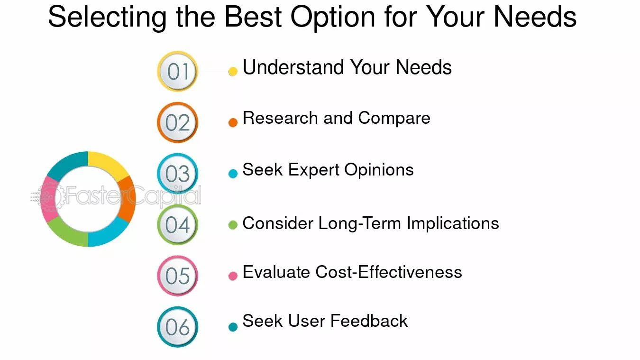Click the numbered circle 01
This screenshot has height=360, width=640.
pyautogui.click(x=177, y=71)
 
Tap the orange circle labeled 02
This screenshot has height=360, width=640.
pyautogui.click(x=177, y=122)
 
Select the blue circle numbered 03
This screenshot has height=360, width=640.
pyautogui.click(x=177, y=174)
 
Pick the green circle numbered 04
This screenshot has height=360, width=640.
pyautogui.click(x=177, y=225)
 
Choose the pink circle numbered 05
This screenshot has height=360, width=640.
pyautogui.click(x=177, y=276)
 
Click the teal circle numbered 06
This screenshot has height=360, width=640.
pyautogui.click(x=177, y=327)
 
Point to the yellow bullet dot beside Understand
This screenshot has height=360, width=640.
pyautogui.click(x=233, y=72)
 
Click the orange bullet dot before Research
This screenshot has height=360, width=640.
pyautogui.click(x=233, y=122)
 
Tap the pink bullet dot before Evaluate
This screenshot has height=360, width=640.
pyautogui.click(x=233, y=276)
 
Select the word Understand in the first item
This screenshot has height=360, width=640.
pyautogui.click(x=293, y=67)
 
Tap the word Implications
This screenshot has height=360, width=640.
pyautogui.click(x=453, y=223)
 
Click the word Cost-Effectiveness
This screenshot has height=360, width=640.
pyautogui.click(x=389, y=272)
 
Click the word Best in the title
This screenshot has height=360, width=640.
pyautogui.click(x=253, y=17)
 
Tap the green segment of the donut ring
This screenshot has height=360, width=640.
pyautogui.click(x=68, y=233)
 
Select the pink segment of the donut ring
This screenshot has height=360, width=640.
pyautogui.click(x=49, y=199)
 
